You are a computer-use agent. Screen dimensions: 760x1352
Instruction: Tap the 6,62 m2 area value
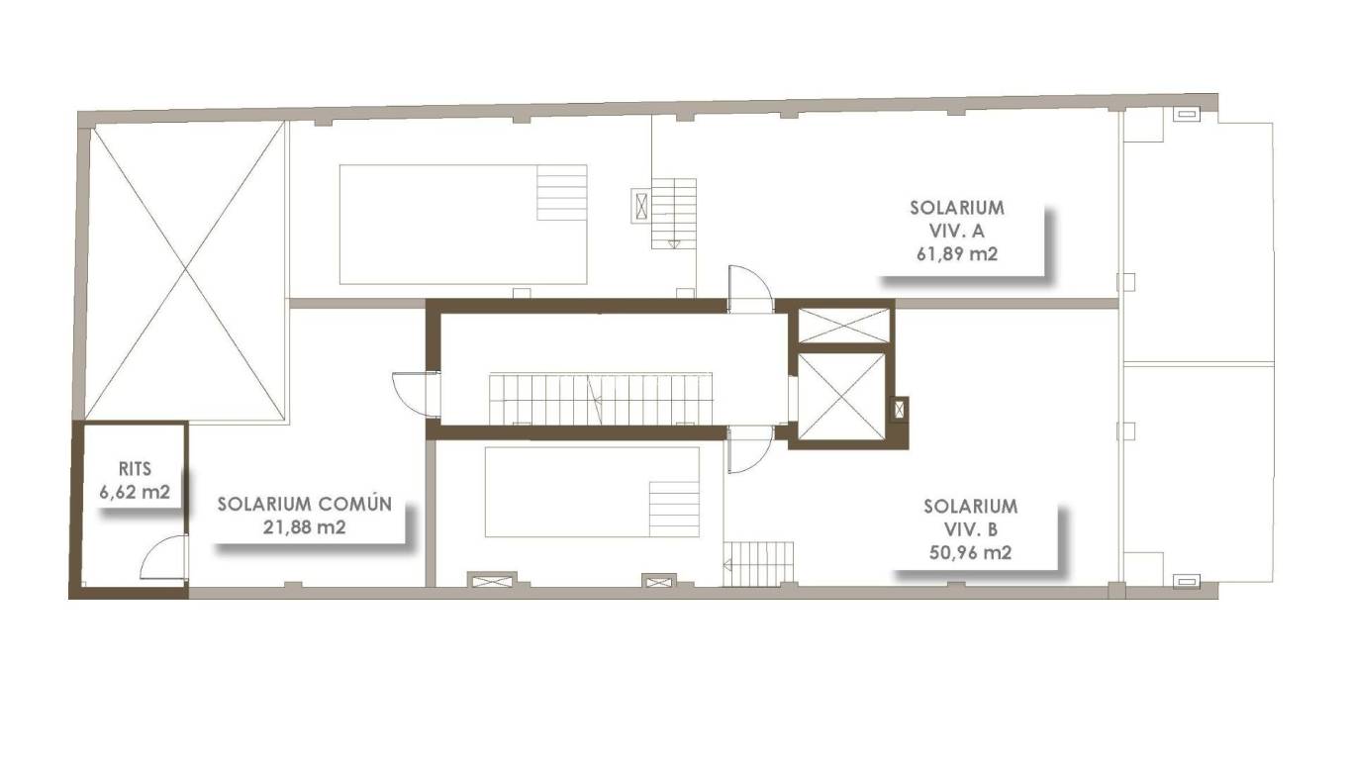point(134,491)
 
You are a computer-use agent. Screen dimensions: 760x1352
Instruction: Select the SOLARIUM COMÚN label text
point(305,505)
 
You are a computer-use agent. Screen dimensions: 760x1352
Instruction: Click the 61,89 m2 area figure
point(956,254)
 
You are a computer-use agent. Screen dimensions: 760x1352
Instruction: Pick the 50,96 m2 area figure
point(970,553)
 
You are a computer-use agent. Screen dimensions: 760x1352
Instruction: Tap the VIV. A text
point(956,232)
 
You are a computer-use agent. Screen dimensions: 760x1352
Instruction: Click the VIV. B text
point(970,530)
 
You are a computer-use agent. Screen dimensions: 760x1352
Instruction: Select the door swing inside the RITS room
point(164,557)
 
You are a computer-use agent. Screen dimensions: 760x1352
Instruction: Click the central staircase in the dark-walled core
point(602,398)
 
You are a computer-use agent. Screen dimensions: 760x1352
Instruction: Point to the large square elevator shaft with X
point(839,395)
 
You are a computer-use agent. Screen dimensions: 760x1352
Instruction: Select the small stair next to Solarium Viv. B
point(760,563)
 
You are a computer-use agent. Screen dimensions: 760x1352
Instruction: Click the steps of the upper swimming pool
point(561,193)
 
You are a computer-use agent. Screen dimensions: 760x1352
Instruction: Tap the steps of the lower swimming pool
point(674,509)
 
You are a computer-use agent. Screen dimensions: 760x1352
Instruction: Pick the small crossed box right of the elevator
point(899,409)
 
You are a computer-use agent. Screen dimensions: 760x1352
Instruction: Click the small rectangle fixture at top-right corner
point(1186,115)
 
